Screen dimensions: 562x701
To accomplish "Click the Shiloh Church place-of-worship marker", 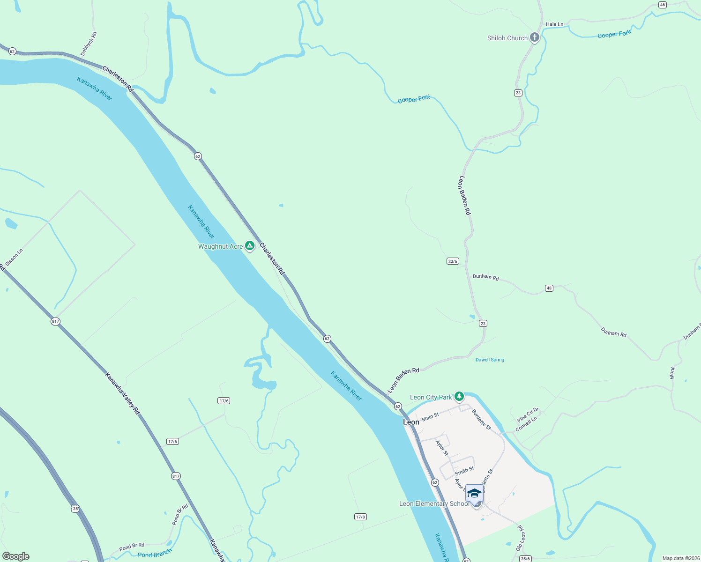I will click(x=534, y=38).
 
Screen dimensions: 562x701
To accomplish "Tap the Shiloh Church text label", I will click(x=507, y=38).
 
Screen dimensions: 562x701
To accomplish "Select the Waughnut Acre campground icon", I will click(x=250, y=245).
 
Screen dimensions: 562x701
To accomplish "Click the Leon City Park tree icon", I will click(x=459, y=397).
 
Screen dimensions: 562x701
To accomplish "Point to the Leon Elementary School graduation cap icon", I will click(x=474, y=494).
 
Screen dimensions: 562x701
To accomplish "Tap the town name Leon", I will click(x=411, y=422).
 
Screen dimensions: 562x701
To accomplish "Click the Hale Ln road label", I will click(x=554, y=24).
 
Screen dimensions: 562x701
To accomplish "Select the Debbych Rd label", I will click(x=89, y=44).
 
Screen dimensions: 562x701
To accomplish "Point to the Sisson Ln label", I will click(x=14, y=258).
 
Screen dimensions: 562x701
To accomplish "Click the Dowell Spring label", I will click(x=490, y=360).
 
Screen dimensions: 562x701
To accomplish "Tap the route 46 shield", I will click(x=662, y=5).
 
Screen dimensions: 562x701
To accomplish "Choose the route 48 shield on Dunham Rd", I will click(x=549, y=288).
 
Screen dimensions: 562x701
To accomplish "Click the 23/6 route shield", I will click(x=452, y=261).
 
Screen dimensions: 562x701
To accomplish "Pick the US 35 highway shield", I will click(x=75, y=508).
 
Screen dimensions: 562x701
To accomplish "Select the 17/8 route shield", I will click(x=360, y=517).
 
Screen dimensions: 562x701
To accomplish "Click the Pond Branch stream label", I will click(x=155, y=554).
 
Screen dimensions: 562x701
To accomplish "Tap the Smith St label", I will click(x=464, y=471).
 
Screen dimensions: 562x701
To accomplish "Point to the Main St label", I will click(x=430, y=416).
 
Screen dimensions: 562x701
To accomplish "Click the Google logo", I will click(x=16, y=556).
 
